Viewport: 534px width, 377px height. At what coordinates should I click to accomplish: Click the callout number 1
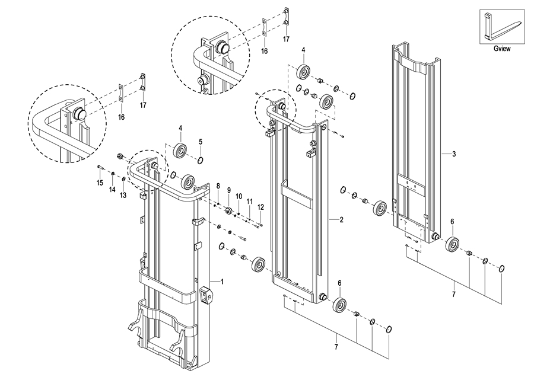click(x=222, y=282)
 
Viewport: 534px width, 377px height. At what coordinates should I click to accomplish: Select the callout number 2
click(x=341, y=219)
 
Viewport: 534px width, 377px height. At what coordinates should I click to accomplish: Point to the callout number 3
click(x=454, y=154)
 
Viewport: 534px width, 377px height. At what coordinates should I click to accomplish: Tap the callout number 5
click(x=201, y=141)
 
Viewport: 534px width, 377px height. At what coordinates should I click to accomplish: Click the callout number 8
click(x=218, y=186)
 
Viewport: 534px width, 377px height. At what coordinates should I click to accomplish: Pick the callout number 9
click(x=229, y=190)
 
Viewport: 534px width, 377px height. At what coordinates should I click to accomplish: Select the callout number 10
click(x=239, y=196)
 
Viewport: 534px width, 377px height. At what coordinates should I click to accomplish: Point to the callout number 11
click(x=250, y=201)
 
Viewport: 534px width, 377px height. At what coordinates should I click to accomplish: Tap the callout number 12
click(x=260, y=207)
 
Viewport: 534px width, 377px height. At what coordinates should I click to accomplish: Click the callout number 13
click(x=123, y=195)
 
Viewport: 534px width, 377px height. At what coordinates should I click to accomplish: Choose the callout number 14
click(x=112, y=190)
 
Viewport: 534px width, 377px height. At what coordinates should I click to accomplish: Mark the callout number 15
click(x=100, y=183)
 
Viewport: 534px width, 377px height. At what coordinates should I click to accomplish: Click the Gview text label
click(x=502, y=49)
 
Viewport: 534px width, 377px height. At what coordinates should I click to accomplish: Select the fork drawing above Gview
click(x=501, y=27)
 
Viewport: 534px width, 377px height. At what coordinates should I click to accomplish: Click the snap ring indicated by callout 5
click(x=201, y=160)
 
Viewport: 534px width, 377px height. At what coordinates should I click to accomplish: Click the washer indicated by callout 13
click(x=123, y=180)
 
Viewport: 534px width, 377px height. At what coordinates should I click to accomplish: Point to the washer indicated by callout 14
click(x=112, y=174)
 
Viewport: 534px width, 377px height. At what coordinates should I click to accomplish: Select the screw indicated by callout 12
click(x=260, y=224)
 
